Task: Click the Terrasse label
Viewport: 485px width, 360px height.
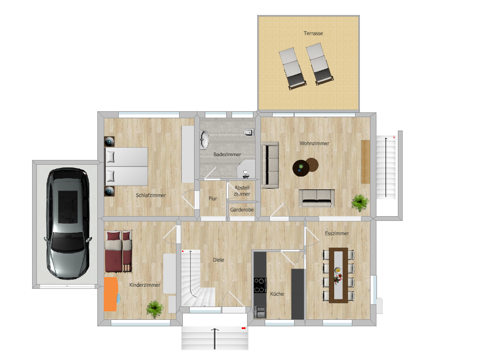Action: [x=313, y=33]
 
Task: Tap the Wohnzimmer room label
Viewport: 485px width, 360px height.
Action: [x=314, y=143]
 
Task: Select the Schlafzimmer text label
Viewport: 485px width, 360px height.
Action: [x=151, y=195]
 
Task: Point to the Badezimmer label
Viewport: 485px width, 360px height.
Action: [x=227, y=154]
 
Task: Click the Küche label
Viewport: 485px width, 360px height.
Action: [x=277, y=294]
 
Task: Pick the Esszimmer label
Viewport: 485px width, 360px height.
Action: [x=337, y=234]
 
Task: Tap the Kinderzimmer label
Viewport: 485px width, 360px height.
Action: [x=144, y=286]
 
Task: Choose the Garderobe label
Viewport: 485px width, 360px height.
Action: [x=242, y=210]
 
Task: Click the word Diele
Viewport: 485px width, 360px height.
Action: [x=218, y=260]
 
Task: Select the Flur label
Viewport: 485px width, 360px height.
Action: [x=213, y=198]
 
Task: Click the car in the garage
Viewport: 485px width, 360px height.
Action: [x=67, y=223]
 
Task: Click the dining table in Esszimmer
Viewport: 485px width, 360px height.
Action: [x=338, y=274]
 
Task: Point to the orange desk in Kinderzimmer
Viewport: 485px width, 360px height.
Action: [x=111, y=294]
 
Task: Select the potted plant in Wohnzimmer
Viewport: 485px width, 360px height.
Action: [x=359, y=202]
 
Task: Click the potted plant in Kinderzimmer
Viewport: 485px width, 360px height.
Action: [x=155, y=308]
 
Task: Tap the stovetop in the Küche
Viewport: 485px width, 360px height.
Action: [x=260, y=285]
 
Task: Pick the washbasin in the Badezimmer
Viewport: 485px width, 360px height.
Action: [x=205, y=140]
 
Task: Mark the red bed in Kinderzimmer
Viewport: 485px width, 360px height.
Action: [x=118, y=250]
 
